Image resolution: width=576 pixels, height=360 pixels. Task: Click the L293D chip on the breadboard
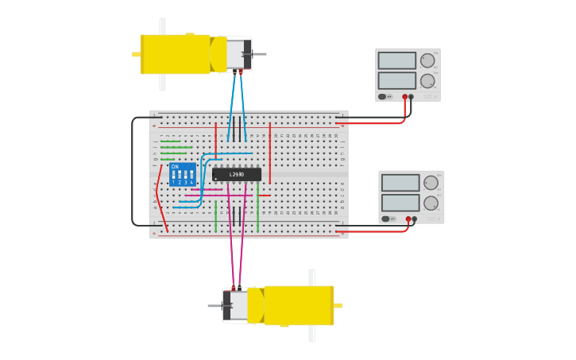[x=237, y=175]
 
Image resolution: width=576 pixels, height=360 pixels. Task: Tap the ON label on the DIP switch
[x=175, y=167]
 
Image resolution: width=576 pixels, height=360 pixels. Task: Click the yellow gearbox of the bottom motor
[x=299, y=305]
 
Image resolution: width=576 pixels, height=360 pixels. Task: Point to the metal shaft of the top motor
[x=259, y=54]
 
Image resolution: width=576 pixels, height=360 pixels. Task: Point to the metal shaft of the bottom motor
[x=215, y=305]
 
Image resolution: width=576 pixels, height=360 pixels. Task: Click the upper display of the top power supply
[x=396, y=60]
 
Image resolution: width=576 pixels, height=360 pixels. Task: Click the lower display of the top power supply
[x=396, y=80]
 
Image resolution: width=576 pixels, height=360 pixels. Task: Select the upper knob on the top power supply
[x=427, y=60]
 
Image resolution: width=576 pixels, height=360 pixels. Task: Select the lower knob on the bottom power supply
[x=431, y=203]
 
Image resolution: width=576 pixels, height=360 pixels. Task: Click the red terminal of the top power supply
[x=404, y=97]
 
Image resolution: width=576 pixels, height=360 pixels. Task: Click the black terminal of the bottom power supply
[x=415, y=219]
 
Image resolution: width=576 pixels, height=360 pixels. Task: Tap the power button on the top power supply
[x=382, y=97]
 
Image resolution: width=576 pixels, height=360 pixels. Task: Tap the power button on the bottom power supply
[x=385, y=219]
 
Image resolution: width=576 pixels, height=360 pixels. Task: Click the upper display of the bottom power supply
[x=400, y=183]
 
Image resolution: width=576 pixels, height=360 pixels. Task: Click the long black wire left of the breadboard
[x=133, y=171]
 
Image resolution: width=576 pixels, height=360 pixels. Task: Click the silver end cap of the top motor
[x=236, y=54]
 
